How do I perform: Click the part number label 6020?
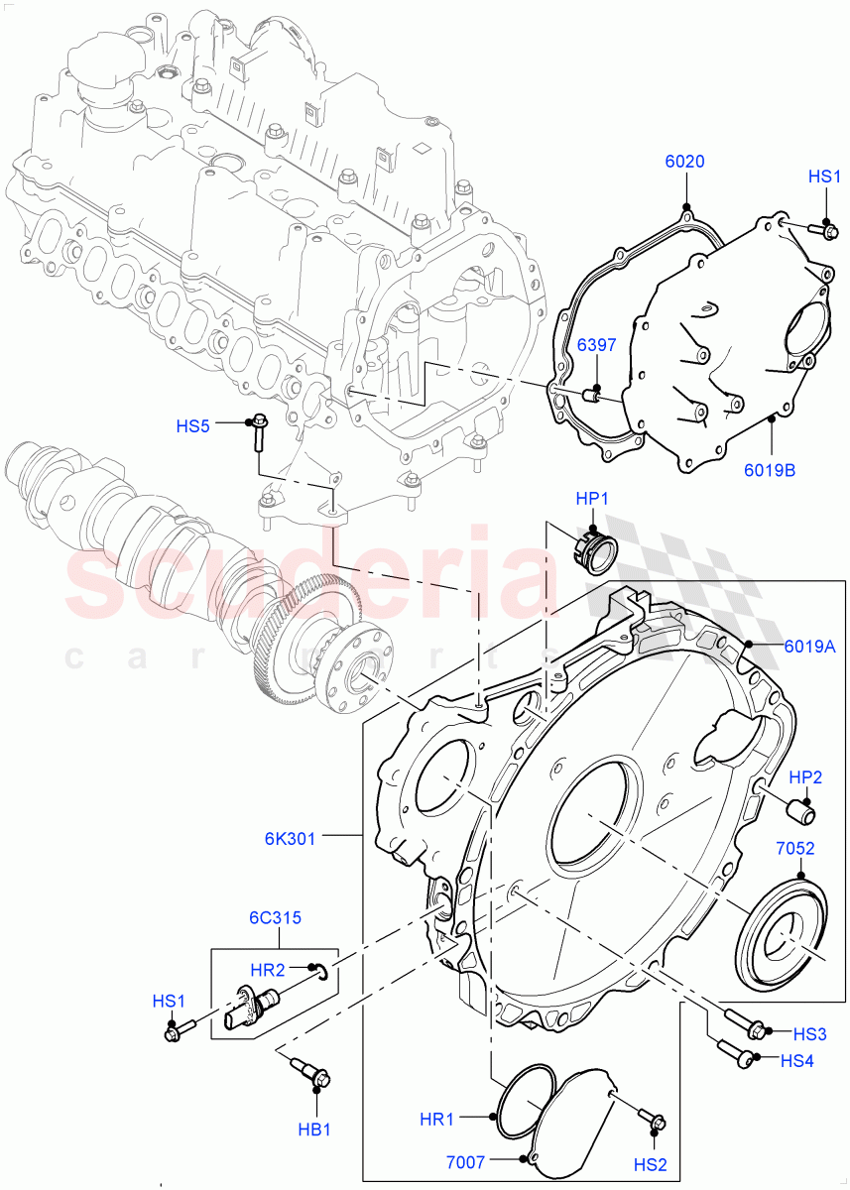tap(684, 162)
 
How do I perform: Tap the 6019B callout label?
tap(770, 470)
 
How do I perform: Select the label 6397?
tap(598, 344)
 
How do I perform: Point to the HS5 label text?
tap(193, 426)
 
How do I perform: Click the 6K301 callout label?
tap(291, 838)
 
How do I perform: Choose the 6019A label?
tap(809, 646)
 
